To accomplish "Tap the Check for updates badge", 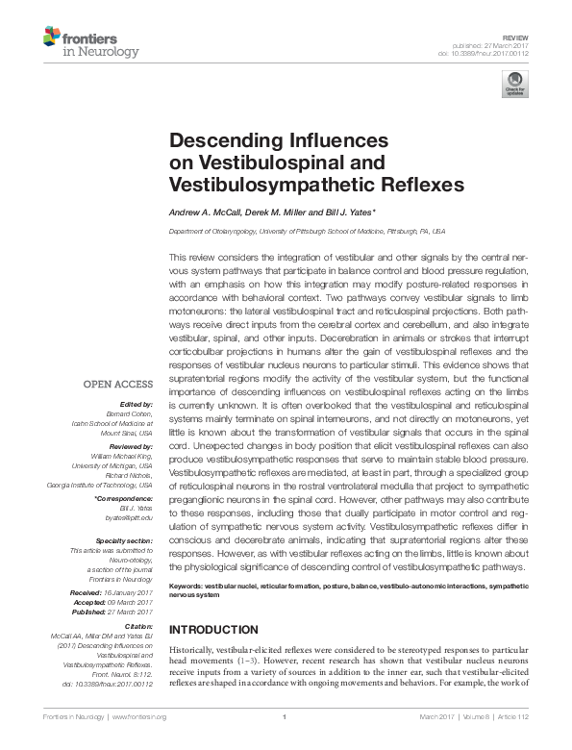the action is tap(514, 82).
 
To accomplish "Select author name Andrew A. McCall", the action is tap(208, 212).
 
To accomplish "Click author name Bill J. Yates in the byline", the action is tap(347, 212).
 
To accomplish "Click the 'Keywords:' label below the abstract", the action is tap(191, 586).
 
